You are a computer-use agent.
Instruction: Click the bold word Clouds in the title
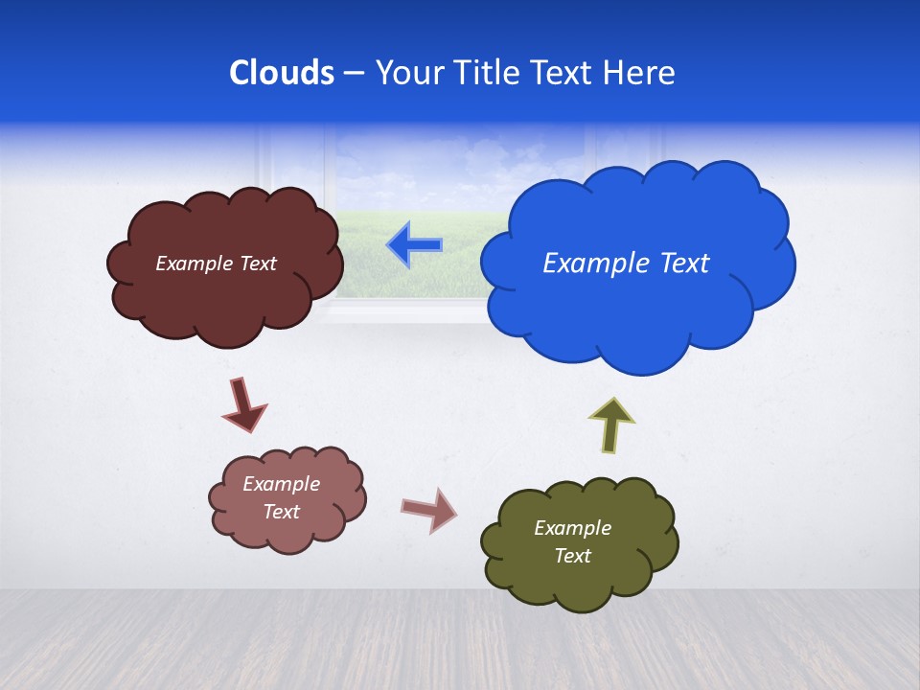pyautogui.click(x=282, y=73)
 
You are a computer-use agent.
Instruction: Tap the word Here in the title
pyautogui.click(x=639, y=73)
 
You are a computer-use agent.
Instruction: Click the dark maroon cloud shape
pyautogui.click(x=225, y=307)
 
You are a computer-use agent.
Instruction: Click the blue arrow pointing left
pyautogui.click(x=415, y=245)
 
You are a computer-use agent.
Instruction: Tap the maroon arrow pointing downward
pyautogui.click(x=243, y=405)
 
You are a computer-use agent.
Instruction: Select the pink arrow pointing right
pyautogui.click(x=429, y=509)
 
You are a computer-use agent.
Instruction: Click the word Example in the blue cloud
pyautogui.click(x=588, y=264)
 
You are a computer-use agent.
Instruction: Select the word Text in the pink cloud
pyautogui.click(x=282, y=512)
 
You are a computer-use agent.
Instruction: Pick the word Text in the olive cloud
pyautogui.click(x=572, y=556)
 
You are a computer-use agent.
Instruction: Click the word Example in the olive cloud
pyautogui.click(x=572, y=528)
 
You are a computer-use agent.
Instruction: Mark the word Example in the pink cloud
pyautogui.click(x=282, y=484)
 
